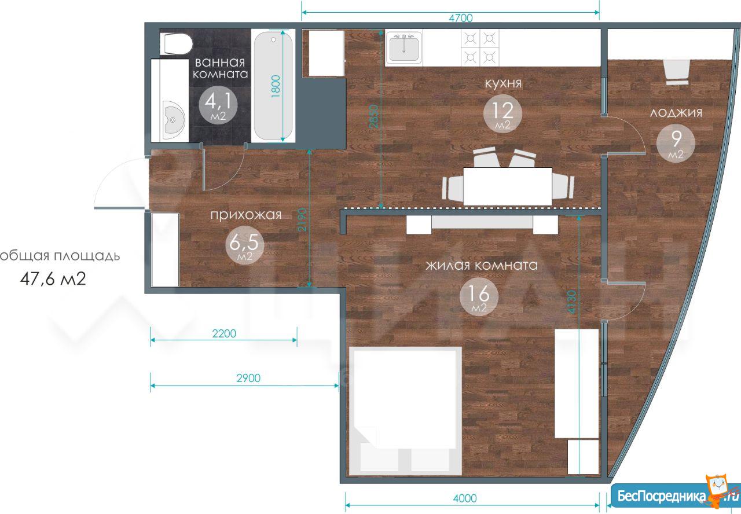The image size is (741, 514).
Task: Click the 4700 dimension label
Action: coord(460,18)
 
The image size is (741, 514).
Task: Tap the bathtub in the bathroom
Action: coord(273,86)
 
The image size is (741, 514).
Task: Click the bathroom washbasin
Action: coord(174,120)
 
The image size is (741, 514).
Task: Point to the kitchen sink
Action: coord(404,47)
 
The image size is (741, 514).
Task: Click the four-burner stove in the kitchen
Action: coord(480,47)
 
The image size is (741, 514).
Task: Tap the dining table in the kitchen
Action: coord(508,186)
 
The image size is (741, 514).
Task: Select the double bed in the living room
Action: coord(406,412)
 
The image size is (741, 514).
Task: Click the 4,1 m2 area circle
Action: coord(218,105)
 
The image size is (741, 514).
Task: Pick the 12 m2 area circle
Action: coord(502,113)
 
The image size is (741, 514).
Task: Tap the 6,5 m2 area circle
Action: coord(244,245)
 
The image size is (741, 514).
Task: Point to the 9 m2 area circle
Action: coord(676,143)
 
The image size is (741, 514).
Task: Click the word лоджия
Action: coord(676,113)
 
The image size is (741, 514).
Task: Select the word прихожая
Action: coord(246,215)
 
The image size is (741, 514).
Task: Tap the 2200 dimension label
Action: coord(224,333)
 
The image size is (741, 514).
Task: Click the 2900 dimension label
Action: coord(248,378)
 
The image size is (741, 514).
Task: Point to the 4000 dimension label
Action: coord(465,498)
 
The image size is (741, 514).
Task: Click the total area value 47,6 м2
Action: coord(53,279)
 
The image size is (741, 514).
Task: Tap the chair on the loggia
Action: coord(677,72)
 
